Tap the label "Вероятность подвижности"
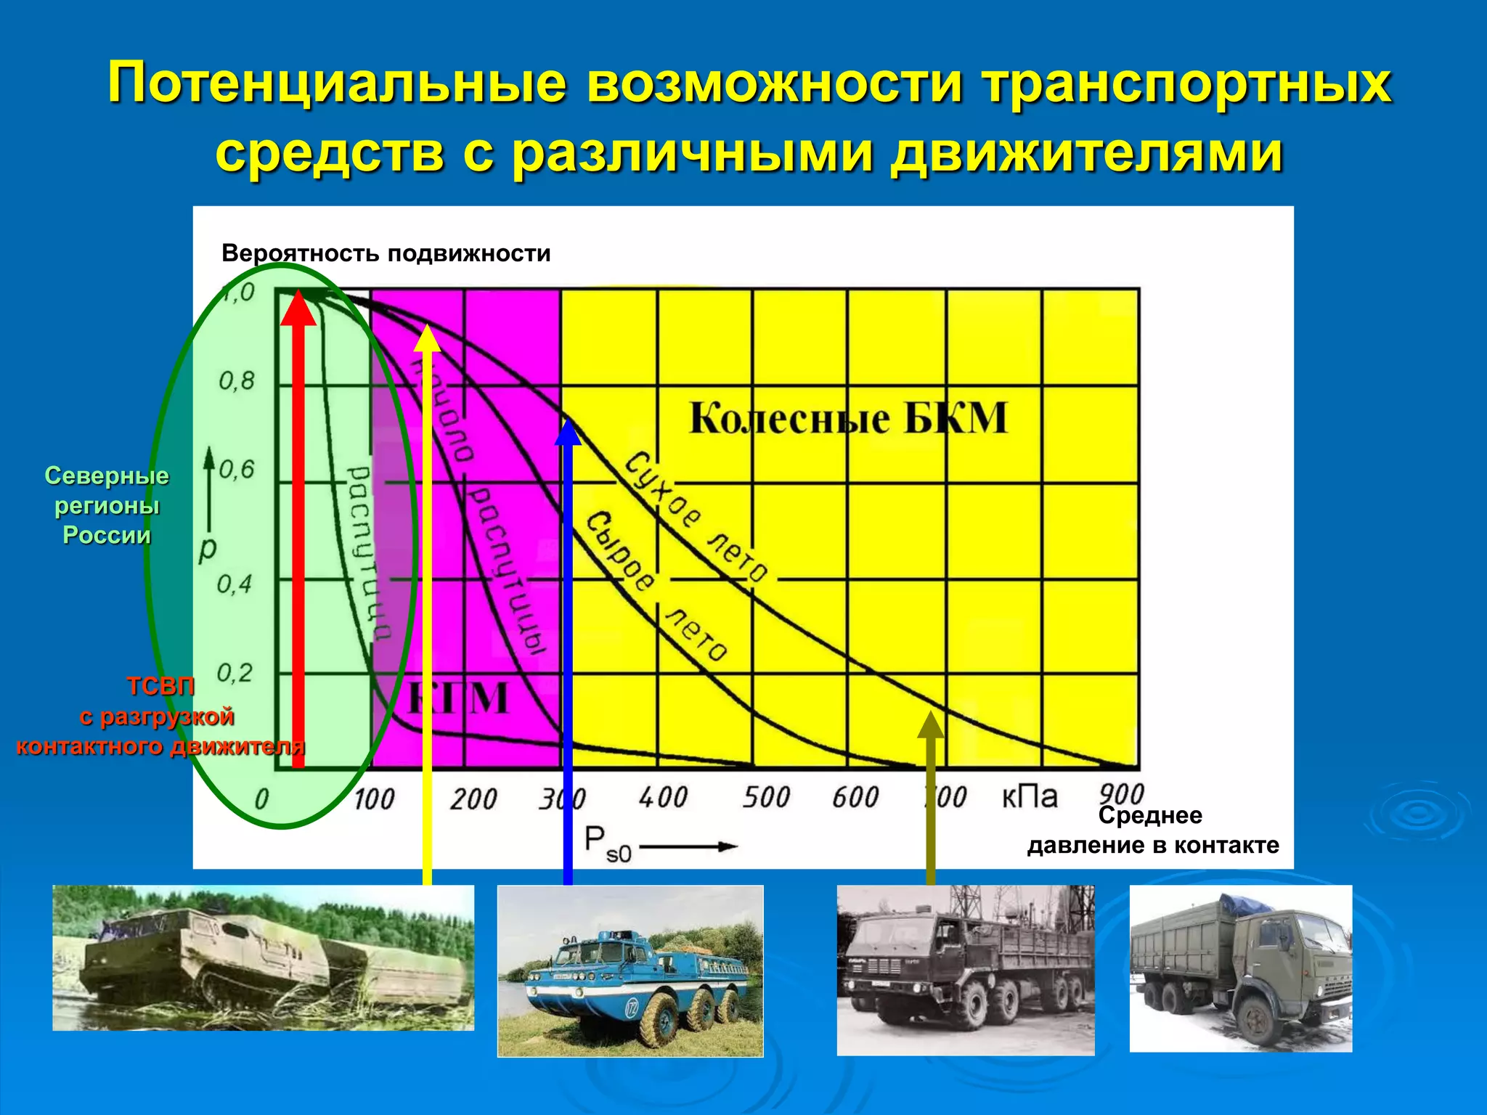coord(386,253)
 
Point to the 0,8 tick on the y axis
coord(237,381)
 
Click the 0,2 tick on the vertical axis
coord(235,673)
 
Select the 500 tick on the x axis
coord(765,798)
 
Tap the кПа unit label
coord(1029,797)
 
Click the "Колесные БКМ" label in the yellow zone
coord(848,418)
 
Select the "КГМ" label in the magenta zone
coord(458,698)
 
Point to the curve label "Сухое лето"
coord(695,517)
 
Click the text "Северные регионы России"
coord(107,505)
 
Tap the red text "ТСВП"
coord(160,686)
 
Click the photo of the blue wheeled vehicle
coord(630,971)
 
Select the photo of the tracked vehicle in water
coord(263,957)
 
